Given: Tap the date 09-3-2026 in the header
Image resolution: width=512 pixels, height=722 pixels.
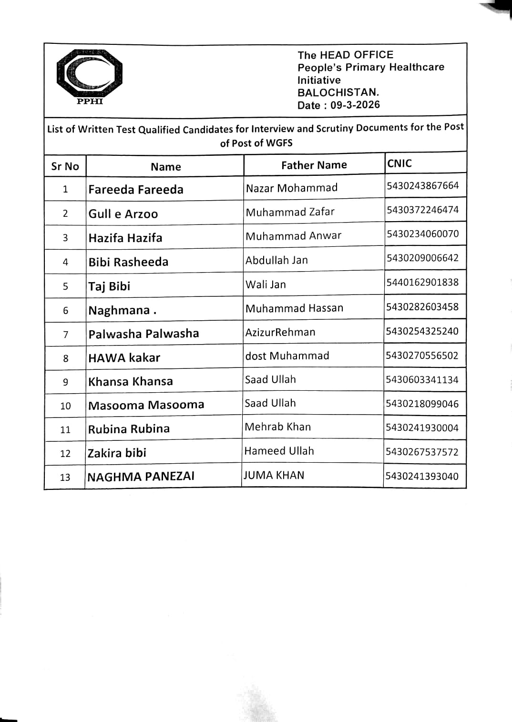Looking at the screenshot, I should [x=355, y=105].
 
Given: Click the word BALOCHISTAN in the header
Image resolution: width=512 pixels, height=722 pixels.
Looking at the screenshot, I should [x=338, y=92].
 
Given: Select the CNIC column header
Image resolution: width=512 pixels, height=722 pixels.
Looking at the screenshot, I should [x=399, y=163].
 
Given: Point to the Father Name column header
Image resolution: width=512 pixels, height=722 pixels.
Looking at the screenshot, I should [x=314, y=165].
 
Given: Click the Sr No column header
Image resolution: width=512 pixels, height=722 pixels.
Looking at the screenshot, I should [x=65, y=166].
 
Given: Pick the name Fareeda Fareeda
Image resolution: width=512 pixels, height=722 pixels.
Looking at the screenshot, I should [x=136, y=190].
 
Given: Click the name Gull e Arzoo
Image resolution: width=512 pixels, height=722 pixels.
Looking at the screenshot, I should [x=123, y=214].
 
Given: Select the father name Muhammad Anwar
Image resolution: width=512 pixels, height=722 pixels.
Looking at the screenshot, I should [x=293, y=236].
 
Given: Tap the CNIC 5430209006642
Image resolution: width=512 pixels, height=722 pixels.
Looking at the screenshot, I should [x=422, y=258].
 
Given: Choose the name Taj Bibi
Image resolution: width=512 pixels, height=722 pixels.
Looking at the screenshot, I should [x=109, y=286].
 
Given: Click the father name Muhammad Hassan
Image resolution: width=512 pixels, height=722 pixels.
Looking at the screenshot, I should [x=294, y=308].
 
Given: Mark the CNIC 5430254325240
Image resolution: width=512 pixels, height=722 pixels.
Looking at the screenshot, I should [x=422, y=331].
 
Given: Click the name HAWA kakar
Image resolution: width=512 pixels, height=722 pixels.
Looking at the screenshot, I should [x=124, y=357].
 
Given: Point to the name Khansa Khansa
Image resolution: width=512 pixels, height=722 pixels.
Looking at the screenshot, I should [x=130, y=381].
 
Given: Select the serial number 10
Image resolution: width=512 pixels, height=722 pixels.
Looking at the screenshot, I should [x=65, y=406].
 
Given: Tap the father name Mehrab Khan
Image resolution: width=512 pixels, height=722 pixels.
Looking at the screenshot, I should [x=277, y=427].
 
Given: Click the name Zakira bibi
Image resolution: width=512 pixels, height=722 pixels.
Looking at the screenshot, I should [x=117, y=453].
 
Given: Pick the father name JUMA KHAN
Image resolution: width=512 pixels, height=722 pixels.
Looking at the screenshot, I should [x=274, y=475].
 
